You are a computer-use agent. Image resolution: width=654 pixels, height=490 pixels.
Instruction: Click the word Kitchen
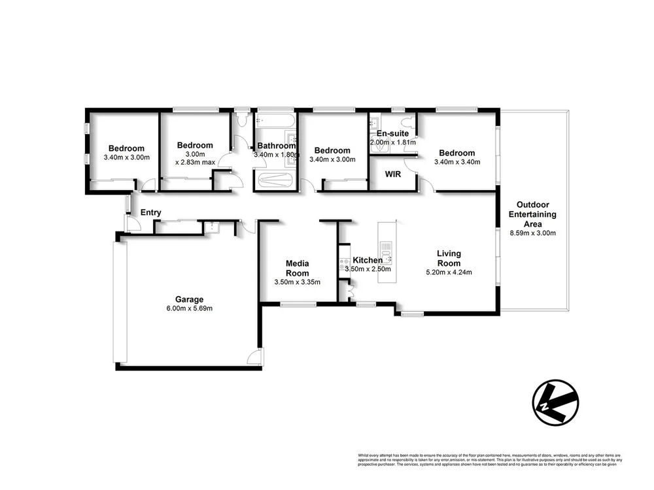[x=368, y=260]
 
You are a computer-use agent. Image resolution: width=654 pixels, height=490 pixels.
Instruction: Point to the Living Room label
[x=449, y=258]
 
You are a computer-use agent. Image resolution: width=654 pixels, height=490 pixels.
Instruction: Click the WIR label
[x=392, y=174]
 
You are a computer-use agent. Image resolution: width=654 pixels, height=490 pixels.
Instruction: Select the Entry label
[x=150, y=212]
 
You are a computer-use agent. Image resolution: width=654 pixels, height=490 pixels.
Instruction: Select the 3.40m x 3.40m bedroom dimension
[x=458, y=161]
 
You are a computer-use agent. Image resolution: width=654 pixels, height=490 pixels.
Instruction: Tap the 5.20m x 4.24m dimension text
[x=449, y=272]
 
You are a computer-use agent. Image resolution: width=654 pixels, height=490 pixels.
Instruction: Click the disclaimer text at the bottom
[x=489, y=460]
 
